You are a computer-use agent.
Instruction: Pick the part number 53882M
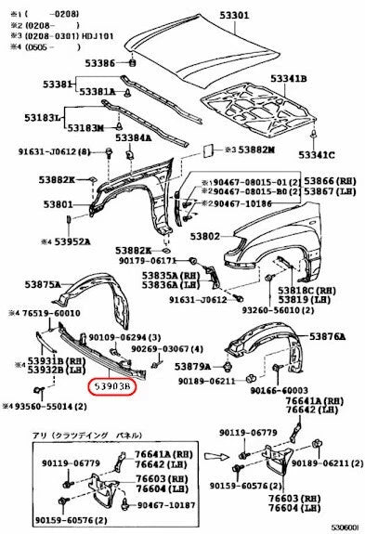[256, 150]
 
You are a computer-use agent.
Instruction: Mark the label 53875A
[43, 284]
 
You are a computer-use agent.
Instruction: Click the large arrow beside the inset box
[215, 455]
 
